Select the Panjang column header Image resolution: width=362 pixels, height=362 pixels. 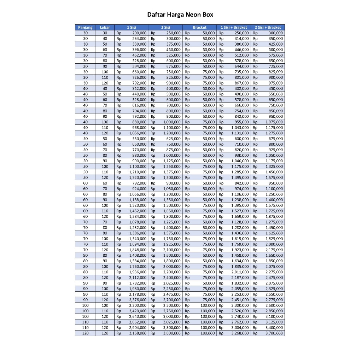coord(85,27)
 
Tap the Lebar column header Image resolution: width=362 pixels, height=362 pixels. coord(105,27)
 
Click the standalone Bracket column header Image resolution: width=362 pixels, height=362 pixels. coord(200,27)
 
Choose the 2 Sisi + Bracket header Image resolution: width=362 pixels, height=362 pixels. coord(268,27)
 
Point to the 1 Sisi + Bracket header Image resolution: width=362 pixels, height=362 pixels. coord(234,27)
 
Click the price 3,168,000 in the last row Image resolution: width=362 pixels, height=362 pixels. coord(138,333)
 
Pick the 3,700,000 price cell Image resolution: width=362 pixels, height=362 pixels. coord(274,333)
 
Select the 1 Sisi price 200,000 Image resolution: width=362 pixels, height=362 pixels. coord(139,33)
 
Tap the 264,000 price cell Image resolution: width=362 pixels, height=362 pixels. coord(139,39)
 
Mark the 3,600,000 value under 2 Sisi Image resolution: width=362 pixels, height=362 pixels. coord(172,333)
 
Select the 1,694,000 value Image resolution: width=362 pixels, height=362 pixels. coord(138,244)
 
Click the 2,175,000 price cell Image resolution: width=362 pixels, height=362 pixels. coord(274,250)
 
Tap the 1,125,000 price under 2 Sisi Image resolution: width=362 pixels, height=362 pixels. coord(172,161)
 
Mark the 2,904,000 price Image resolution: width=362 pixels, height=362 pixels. coord(138,328)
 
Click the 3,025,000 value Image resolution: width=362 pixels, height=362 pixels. coord(172,322)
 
